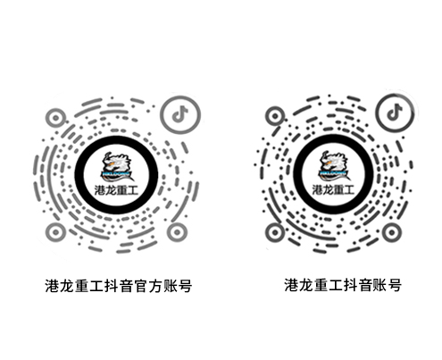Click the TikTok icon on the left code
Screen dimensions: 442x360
[x=180, y=114]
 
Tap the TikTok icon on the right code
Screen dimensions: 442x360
[x=395, y=112]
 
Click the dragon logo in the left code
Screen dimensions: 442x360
[x=116, y=167]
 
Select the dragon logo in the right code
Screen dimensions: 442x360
[x=333, y=166]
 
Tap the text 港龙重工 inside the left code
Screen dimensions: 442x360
[x=116, y=190]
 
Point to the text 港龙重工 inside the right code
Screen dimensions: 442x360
[x=333, y=189]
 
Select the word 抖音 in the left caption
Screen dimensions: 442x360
[x=119, y=286]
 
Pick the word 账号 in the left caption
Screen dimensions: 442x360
[x=178, y=286]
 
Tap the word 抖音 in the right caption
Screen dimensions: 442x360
[x=357, y=285]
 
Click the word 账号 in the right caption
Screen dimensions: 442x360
[x=387, y=285]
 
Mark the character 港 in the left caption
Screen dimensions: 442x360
[x=52, y=286]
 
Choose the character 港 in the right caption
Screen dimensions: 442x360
[x=291, y=285]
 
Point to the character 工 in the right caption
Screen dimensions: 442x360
[x=335, y=285]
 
